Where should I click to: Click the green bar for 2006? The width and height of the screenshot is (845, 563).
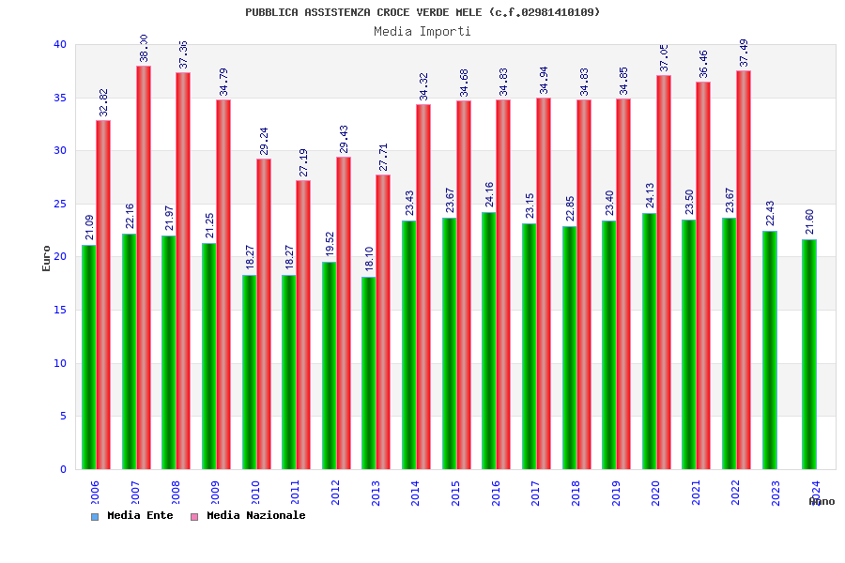click(88, 357)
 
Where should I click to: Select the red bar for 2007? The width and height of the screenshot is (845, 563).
click(144, 267)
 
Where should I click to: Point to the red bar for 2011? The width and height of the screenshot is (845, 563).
click(303, 325)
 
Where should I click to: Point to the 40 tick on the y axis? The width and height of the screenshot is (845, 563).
click(60, 45)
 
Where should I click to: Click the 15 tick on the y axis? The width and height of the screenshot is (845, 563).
click(60, 311)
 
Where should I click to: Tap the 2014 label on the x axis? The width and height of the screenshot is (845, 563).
click(416, 493)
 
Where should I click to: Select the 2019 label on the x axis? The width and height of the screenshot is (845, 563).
click(616, 493)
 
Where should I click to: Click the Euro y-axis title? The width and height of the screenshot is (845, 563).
click(47, 258)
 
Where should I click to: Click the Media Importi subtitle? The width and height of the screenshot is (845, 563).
click(422, 32)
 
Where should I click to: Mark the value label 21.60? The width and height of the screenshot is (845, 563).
click(809, 221)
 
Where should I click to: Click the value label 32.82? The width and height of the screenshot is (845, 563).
click(103, 102)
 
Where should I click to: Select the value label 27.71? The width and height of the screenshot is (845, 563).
click(383, 157)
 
